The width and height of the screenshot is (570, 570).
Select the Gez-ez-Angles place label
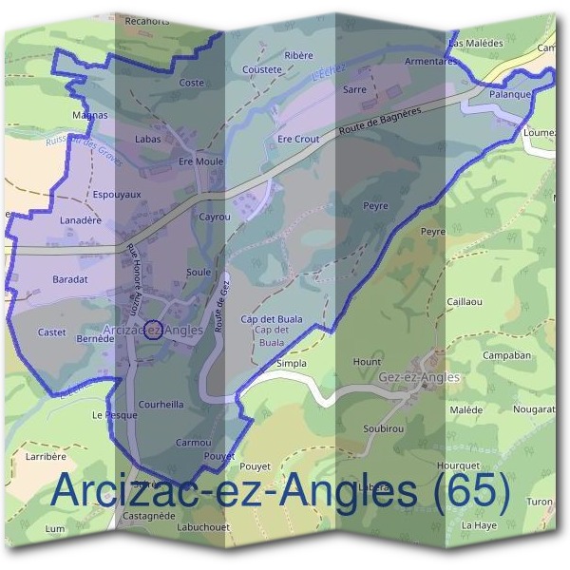(420, 377)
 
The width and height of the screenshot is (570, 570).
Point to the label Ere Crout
(297, 139)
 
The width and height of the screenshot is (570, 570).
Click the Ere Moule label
(200, 161)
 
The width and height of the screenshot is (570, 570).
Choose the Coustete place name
(262, 69)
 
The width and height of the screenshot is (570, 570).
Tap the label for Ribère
(299, 56)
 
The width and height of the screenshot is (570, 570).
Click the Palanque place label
(509, 96)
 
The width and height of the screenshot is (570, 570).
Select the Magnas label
(90, 115)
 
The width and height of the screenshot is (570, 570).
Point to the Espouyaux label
(117, 195)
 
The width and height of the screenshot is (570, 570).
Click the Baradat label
(70, 279)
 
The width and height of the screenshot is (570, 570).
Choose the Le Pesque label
(107, 416)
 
